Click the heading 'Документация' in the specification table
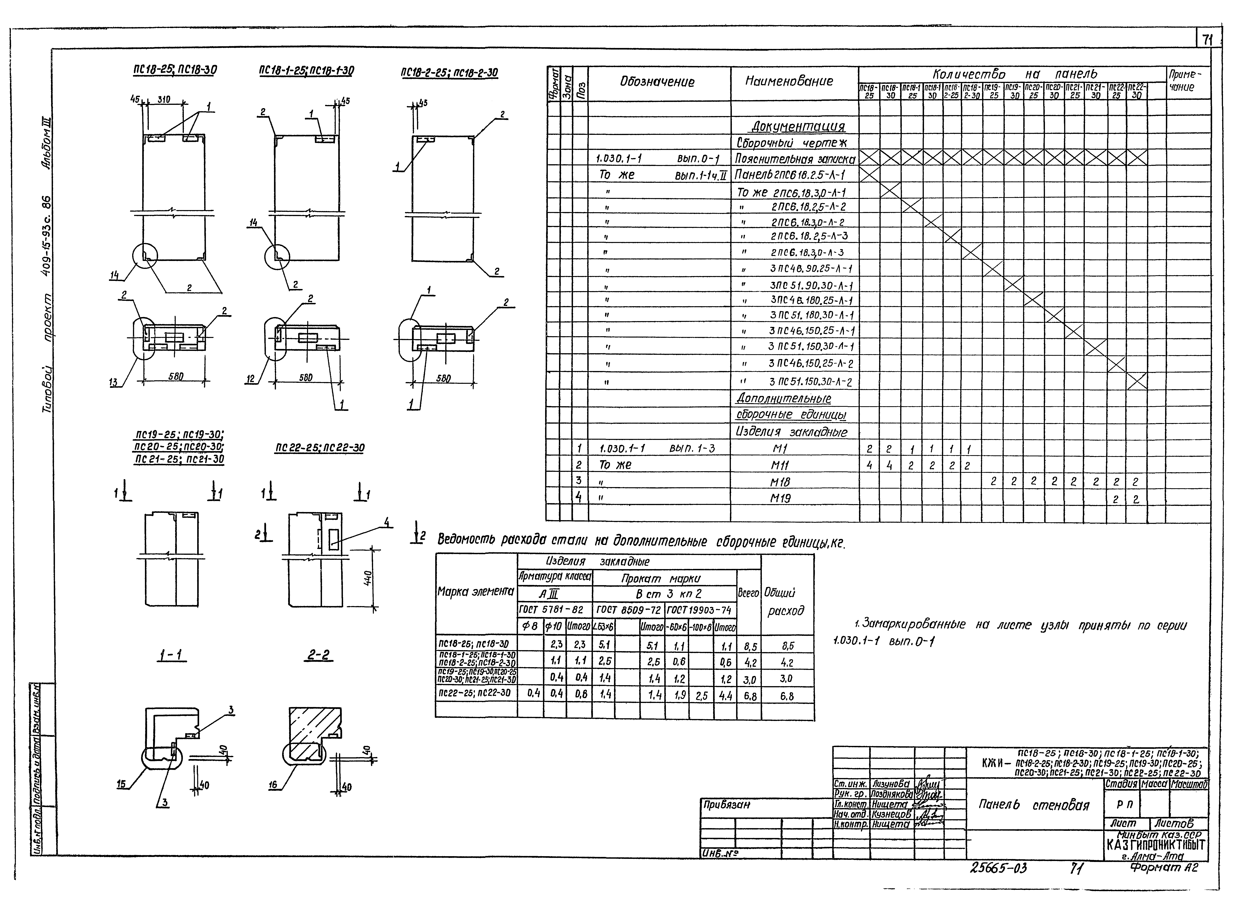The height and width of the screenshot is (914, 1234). click(x=798, y=126)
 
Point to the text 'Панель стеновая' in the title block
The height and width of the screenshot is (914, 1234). click(x=1033, y=805)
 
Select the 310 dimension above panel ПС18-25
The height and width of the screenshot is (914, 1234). click(x=164, y=100)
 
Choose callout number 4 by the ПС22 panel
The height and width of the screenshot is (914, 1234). click(x=386, y=522)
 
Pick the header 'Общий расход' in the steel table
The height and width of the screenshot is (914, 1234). click(x=784, y=602)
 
